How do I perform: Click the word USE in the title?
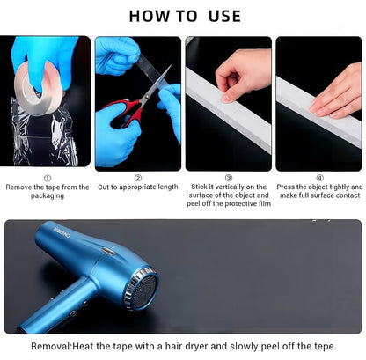click(x=224, y=16)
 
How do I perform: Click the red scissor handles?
click(x=122, y=113)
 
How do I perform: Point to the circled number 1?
click(x=48, y=178)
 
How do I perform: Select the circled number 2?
click(x=138, y=178)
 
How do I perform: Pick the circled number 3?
click(x=229, y=178)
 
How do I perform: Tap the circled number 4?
click(x=319, y=178)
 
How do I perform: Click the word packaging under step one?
click(x=48, y=195)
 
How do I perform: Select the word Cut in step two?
click(x=103, y=187)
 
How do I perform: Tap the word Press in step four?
click(x=286, y=187)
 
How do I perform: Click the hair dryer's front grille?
click(x=143, y=290)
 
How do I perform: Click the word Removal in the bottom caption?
click(x=50, y=346)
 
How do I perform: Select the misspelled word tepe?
click(x=324, y=347)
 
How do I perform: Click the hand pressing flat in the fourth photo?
click(x=336, y=94)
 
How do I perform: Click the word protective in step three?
click(x=240, y=203)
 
